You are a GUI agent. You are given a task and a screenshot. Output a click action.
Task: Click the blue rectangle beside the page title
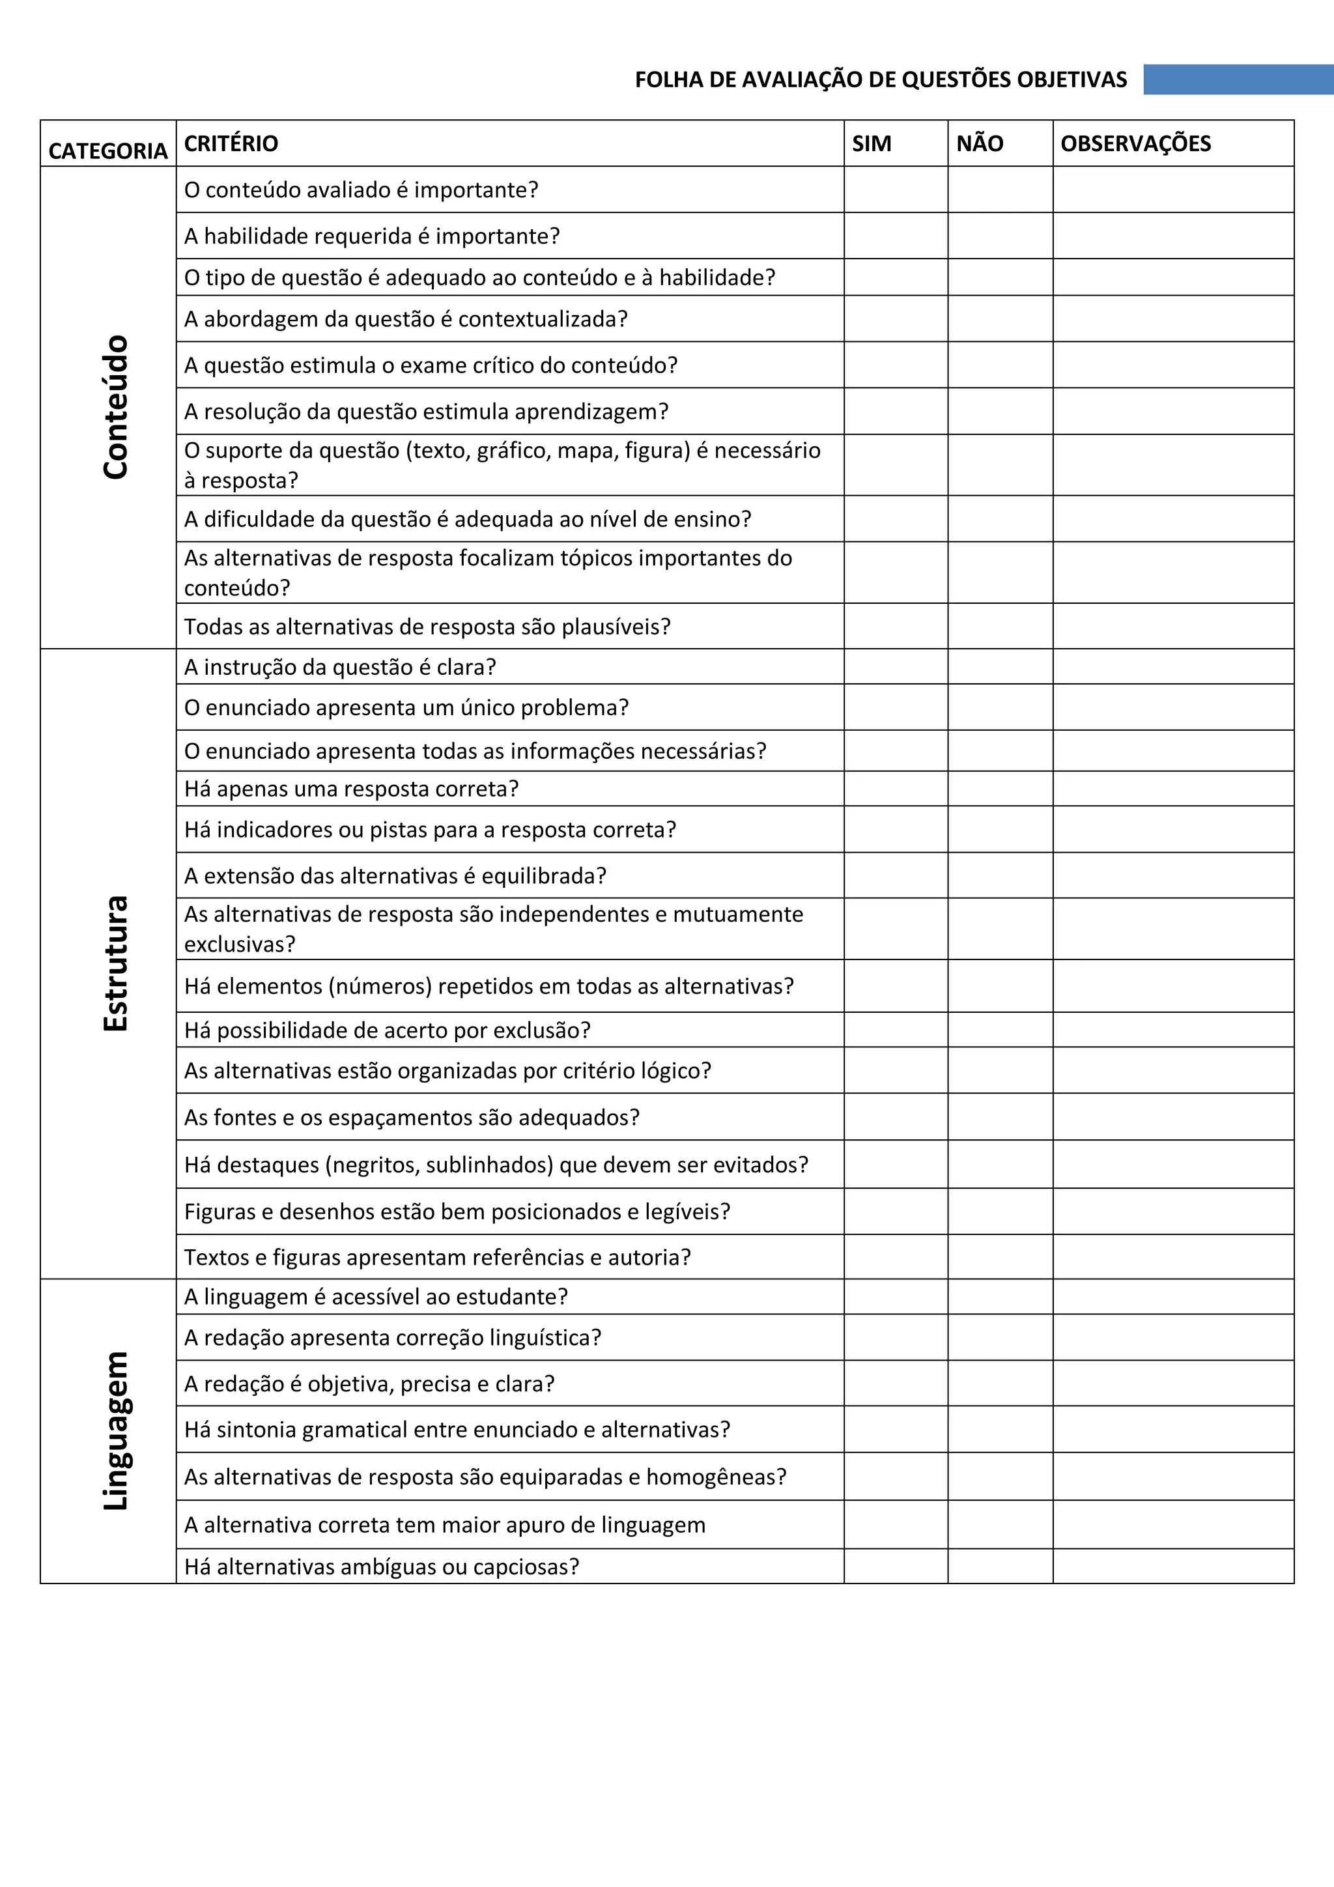click(x=1238, y=79)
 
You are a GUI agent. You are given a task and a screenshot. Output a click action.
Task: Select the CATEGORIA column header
click(x=107, y=150)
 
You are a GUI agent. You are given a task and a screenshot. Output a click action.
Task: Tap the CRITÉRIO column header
click(x=231, y=144)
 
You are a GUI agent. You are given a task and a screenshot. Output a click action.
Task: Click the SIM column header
click(x=872, y=144)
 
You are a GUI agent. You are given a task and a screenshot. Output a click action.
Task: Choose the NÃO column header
click(x=979, y=144)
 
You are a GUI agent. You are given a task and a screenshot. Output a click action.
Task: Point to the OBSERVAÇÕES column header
click(x=1135, y=144)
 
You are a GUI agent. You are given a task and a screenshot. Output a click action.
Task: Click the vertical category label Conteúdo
click(x=116, y=407)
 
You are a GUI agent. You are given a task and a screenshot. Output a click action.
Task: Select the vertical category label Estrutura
click(x=116, y=963)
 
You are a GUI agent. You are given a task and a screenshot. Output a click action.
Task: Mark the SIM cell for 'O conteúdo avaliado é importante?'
click(x=895, y=190)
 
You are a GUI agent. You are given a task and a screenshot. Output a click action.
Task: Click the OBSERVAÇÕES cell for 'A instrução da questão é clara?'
click(x=1173, y=666)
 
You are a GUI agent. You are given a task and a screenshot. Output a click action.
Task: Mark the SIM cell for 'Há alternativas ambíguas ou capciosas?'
click(x=895, y=1567)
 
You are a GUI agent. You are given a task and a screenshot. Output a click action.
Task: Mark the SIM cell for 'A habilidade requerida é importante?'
click(x=895, y=236)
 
